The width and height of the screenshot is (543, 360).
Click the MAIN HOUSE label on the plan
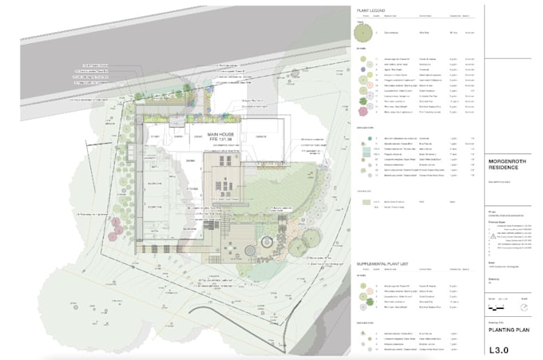coord(224,133)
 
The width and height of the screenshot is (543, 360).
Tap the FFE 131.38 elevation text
coord(224,140)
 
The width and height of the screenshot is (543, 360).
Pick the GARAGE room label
coord(260,136)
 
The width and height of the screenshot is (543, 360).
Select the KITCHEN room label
coord(192,188)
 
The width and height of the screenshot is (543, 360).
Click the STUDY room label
coord(154,136)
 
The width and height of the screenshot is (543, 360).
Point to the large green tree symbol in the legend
coord(364,32)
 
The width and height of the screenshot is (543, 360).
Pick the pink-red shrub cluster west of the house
coord(117,222)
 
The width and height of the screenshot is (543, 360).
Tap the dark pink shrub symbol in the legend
coord(364,112)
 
